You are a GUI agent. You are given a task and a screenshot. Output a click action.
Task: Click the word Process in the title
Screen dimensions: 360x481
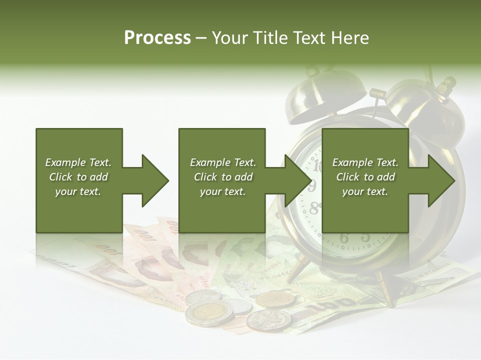pyautogui.click(x=157, y=38)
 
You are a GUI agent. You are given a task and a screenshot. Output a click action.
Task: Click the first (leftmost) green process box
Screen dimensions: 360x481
pyautogui.click(x=79, y=180)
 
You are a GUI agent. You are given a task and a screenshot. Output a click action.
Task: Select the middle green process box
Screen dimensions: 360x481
pyautogui.click(x=222, y=180)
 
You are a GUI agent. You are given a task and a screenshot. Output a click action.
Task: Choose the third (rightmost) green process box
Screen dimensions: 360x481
pyautogui.click(x=365, y=180)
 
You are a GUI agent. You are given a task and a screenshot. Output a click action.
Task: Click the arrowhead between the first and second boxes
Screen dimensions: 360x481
pyautogui.click(x=155, y=180)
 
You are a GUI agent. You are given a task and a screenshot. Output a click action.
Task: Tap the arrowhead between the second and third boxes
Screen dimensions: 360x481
pyautogui.click(x=298, y=180)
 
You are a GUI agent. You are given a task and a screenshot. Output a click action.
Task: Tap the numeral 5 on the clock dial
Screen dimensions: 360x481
pyautogui.click(x=365, y=236)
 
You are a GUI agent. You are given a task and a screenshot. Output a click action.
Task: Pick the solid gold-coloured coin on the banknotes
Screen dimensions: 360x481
pyautogui.click(x=276, y=299)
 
